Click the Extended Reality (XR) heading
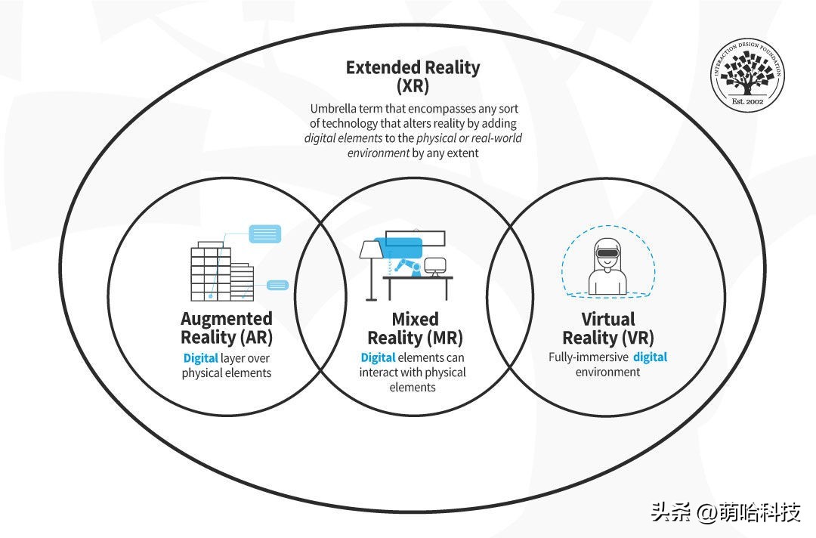coord(413,76)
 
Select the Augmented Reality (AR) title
coord(227,327)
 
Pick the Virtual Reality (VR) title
coord(608,327)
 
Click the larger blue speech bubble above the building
coord(264,233)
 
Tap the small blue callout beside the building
coord(278,285)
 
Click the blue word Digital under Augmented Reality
coord(200,358)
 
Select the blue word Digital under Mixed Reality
coord(378,357)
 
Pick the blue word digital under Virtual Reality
coord(650,357)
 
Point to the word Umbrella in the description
coord(332,108)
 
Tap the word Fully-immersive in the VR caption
coord(588,357)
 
